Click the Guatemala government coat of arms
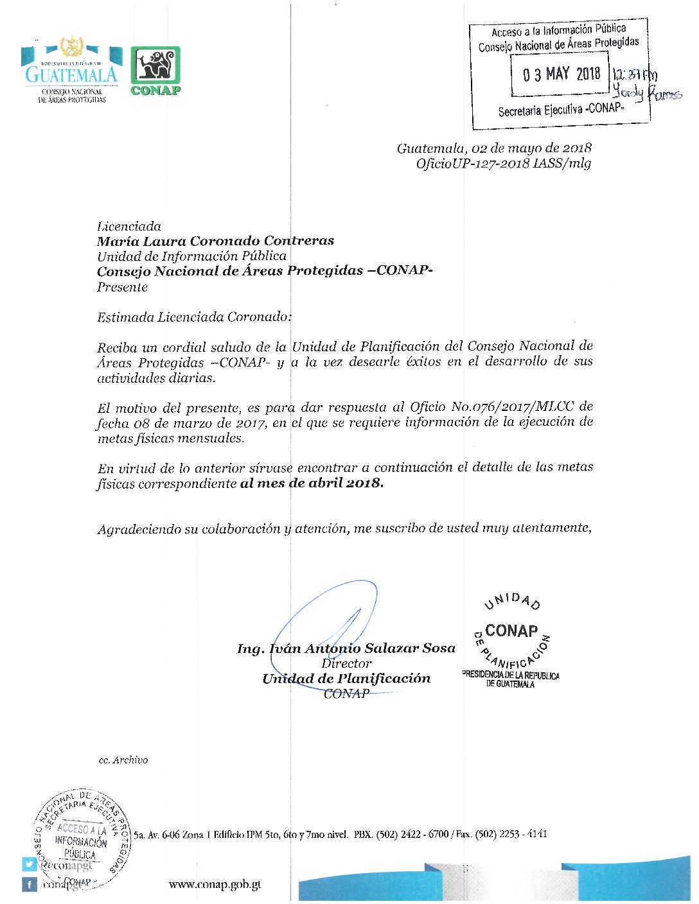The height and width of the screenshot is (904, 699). [71, 48]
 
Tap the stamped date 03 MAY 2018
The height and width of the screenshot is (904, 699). [561, 74]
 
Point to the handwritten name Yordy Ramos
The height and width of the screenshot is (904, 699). [646, 93]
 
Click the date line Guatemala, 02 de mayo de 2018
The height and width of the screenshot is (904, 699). [494, 148]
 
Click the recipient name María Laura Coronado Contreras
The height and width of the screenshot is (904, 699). [215, 241]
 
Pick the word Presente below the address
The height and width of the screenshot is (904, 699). [122, 287]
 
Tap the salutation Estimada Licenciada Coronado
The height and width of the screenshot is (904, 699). [193, 317]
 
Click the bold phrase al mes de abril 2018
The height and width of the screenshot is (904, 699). [312, 483]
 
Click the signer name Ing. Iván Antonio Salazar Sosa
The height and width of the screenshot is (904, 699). [346, 648]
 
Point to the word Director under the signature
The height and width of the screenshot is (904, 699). [346, 663]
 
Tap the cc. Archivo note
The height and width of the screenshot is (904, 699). [123, 760]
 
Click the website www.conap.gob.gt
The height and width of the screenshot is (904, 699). [215, 885]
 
